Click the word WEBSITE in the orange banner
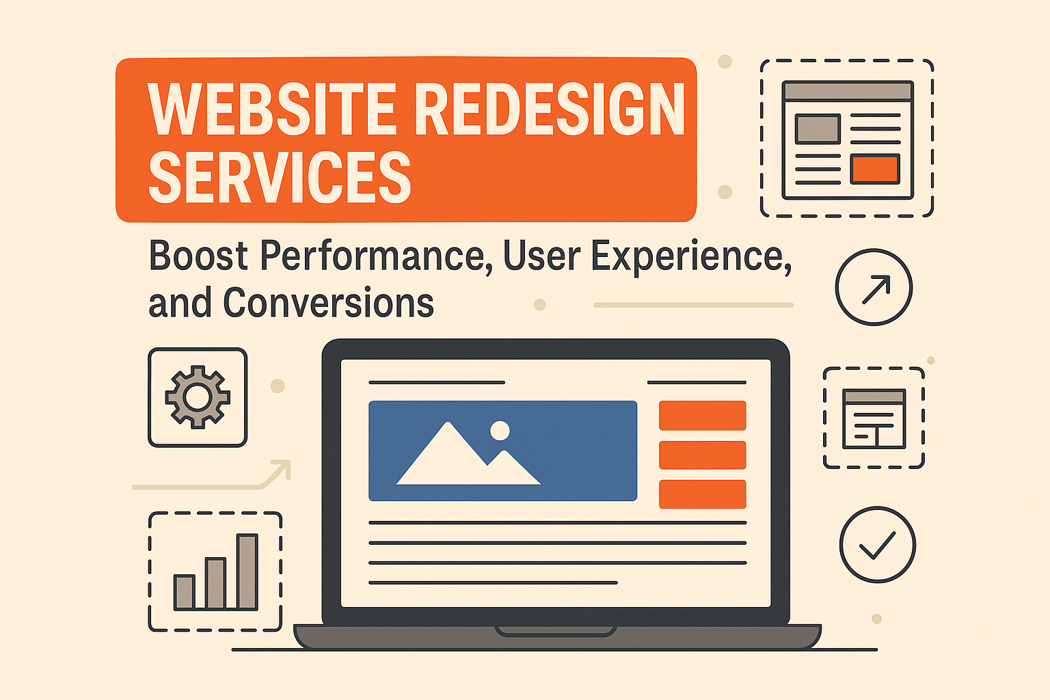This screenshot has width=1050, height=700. point(273,109)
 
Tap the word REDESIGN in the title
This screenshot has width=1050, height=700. point(550,109)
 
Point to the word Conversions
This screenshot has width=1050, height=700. point(328,303)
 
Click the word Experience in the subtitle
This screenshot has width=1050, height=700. point(691,257)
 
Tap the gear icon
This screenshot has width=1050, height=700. point(198,397)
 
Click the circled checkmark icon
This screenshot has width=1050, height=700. point(877,544)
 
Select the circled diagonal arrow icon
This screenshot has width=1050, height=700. point(874,287)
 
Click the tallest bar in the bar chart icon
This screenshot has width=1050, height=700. point(247,571)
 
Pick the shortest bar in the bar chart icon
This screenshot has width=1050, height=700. point(184,592)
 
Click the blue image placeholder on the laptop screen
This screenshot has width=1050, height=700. point(502,450)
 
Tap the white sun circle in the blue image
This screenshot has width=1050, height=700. point(500,431)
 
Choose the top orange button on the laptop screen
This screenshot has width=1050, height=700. point(702,416)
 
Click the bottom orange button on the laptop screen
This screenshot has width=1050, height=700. point(702,494)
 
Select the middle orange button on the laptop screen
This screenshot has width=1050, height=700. point(702,455)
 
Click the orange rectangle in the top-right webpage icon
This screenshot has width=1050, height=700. point(875,169)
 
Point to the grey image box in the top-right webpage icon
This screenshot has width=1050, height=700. point(818,129)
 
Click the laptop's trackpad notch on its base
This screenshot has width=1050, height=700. point(556,630)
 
